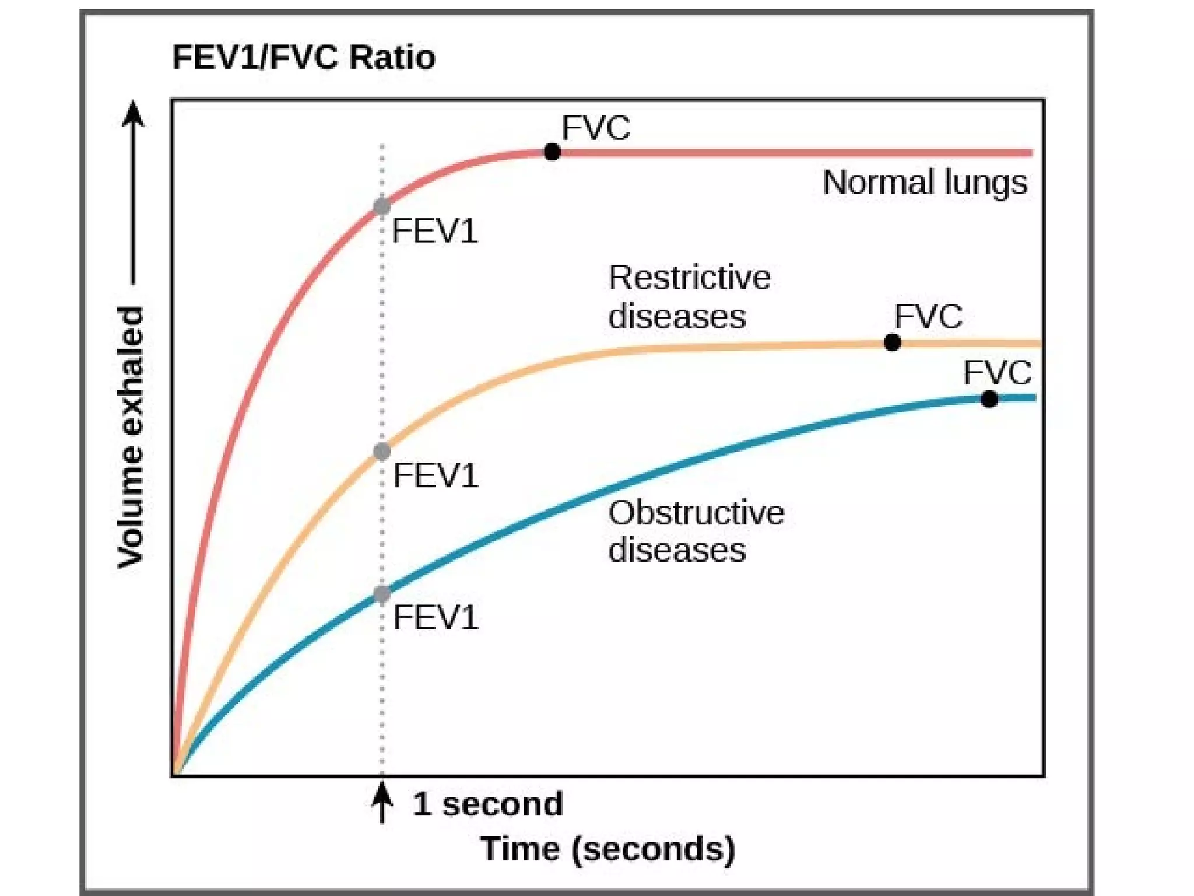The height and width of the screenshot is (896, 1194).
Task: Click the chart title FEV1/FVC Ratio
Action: coord(304,58)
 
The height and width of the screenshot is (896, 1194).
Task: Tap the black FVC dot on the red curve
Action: coord(552,152)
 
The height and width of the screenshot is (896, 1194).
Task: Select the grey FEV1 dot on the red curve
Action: coord(382,206)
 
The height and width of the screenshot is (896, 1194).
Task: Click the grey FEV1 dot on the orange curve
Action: coord(382,451)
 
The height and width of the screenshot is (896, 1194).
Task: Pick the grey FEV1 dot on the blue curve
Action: coord(382,594)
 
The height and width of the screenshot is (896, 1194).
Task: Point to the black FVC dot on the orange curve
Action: coord(892,342)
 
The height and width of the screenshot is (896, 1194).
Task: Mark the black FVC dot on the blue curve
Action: coord(989,399)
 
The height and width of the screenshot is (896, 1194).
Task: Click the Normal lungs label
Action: coord(925,183)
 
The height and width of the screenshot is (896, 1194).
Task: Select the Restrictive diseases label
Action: coord(689,297)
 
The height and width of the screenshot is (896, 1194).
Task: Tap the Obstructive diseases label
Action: coord(696,531)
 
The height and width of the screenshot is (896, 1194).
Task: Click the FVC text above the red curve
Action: coord(596,128)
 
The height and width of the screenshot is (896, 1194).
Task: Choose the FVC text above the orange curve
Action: coord(929,317)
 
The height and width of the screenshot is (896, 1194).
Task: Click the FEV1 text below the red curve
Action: coord(435,232)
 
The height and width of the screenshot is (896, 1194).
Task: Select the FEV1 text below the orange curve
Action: coord(436,476)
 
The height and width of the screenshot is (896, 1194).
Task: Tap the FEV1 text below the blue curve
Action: coord(436,618)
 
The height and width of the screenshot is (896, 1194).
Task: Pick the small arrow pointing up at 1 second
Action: coord(382,802)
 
